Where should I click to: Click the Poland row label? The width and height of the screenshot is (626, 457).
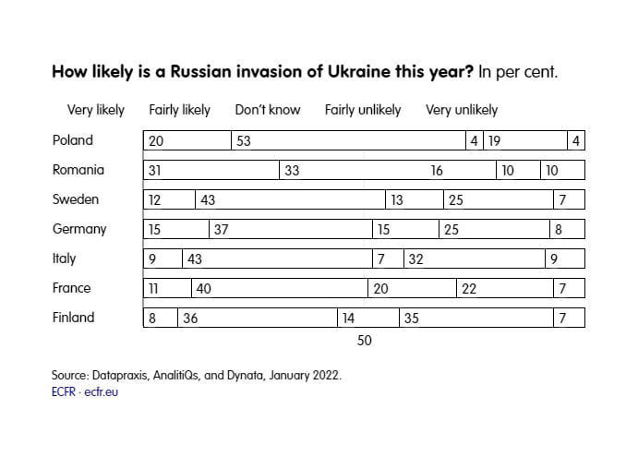pyautogui.click(x=73, y=140)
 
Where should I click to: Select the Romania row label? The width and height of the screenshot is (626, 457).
pyautogui.click(x=78, y=170)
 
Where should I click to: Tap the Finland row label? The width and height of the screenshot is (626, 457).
pyautogui.click(x=74, y=318)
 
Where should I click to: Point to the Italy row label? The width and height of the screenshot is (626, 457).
pyautogui.click(x=65, y=259)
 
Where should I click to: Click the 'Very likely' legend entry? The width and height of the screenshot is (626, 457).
pyautogui.click(x=96, y=110)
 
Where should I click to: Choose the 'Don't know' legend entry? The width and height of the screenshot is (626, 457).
pyautogui.click(x=268, y=110)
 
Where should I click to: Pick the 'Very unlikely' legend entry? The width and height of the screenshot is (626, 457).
pyautogui.click(x=462, y=110)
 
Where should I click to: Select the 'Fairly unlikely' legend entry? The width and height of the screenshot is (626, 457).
pyautogui.click(x=363, y=110)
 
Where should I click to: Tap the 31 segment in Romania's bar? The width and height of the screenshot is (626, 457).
pyautogui.click(x=211, y=170)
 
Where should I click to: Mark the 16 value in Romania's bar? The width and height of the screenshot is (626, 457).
pyautogui.click(x=437, y=170)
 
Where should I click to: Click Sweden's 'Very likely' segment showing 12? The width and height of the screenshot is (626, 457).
pyautogui.click(x=169, y=199)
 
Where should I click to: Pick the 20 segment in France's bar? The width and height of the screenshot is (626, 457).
pyautogui.click(x=412, y=288)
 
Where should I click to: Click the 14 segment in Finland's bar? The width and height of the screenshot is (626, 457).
pyautogui.click(x=367, y=318)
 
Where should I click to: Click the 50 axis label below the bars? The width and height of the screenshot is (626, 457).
pyautogui.click(x=364, y=341)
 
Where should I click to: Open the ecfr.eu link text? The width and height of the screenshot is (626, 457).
pyautogui.click(x=100, y=391)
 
